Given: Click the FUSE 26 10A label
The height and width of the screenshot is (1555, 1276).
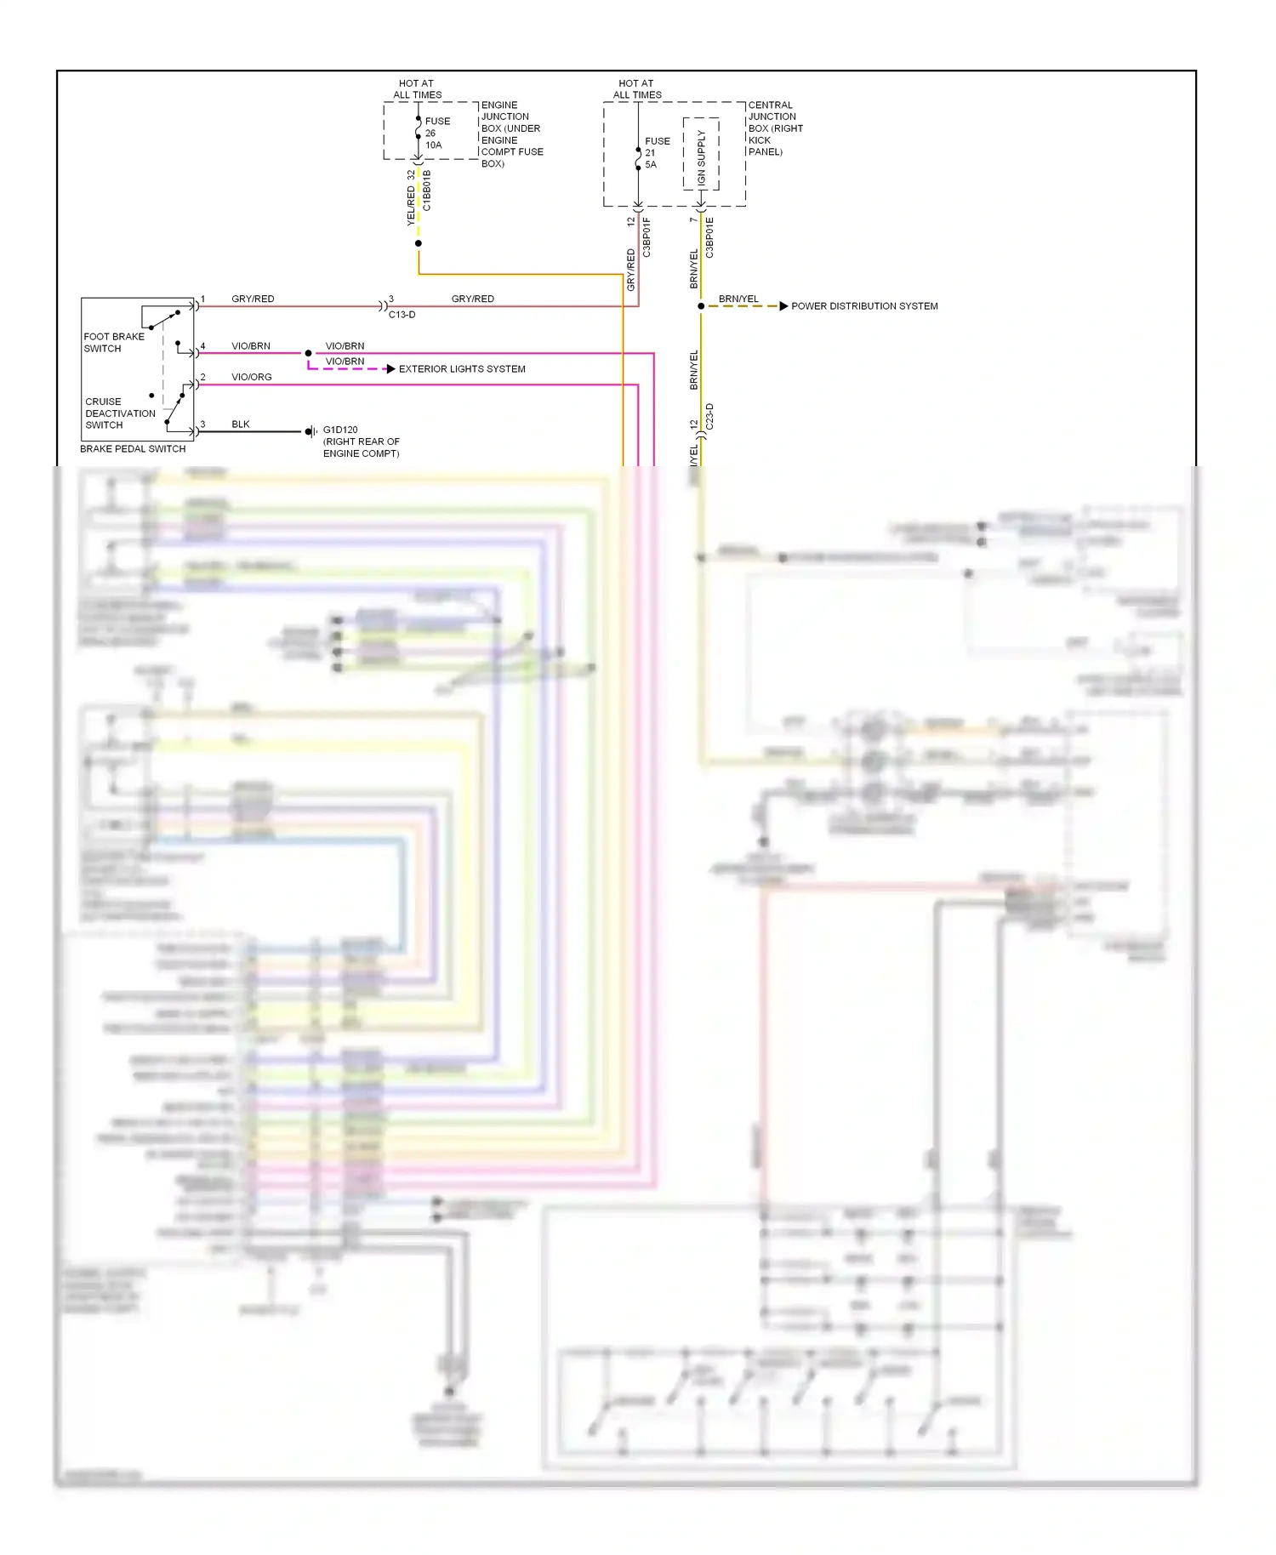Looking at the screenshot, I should [436, 134].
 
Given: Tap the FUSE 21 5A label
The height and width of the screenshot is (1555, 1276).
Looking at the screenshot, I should [656, 153].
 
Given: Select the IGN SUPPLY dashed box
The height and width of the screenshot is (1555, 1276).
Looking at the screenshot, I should [701, 155].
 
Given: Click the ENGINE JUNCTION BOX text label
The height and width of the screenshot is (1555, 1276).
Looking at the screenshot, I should [511, 134].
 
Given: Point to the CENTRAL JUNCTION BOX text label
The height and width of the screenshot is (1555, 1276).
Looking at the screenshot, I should [774, 128].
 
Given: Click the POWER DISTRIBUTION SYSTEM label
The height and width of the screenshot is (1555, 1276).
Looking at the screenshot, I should [864, 306].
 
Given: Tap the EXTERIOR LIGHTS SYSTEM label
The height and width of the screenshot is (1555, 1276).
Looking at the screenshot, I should [462, 369].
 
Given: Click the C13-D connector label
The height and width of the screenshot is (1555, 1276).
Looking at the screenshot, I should [402, 315].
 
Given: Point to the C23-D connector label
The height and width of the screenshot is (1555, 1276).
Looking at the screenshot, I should [709, 418].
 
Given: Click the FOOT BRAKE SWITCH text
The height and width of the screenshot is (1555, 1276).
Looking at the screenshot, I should [113, 343].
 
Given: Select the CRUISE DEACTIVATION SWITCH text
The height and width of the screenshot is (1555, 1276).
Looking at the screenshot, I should [119, 413].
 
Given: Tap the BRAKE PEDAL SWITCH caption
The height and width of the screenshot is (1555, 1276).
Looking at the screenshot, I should [133, 449].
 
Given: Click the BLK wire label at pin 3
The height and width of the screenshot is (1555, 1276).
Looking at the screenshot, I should [241, 424].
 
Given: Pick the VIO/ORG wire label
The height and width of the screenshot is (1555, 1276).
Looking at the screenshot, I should [252, 377].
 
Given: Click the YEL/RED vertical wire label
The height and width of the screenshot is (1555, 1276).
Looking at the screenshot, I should [411, 206].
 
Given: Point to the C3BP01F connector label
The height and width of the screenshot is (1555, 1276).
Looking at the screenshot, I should [647, 237].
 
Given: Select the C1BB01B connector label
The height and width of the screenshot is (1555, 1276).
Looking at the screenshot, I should [427, 191].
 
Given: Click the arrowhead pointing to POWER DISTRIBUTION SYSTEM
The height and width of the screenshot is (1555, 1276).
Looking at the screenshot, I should [783, 306].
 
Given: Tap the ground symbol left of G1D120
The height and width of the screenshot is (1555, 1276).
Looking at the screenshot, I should [311, 432].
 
